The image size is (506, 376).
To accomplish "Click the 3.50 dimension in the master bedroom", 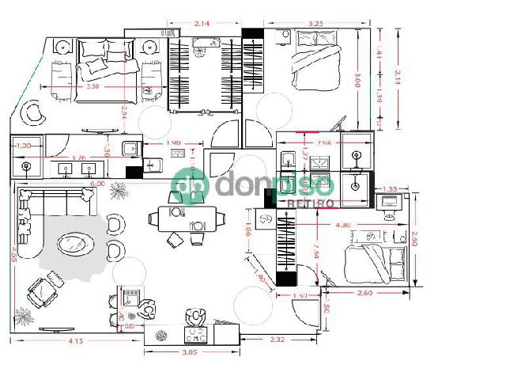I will click(x=93, y=85).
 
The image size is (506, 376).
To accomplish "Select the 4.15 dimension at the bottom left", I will click(x=75, y=341).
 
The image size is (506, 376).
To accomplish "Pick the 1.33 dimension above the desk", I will click(x=390, y=188).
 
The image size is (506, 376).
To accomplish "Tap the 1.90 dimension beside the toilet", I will click(x=174, y=143).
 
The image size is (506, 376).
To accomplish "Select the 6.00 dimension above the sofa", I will click(x=97, y=184).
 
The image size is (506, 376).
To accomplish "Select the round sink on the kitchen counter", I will click(x=161, y=336).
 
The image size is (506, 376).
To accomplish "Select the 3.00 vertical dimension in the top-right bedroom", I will click(x=358, y=80).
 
